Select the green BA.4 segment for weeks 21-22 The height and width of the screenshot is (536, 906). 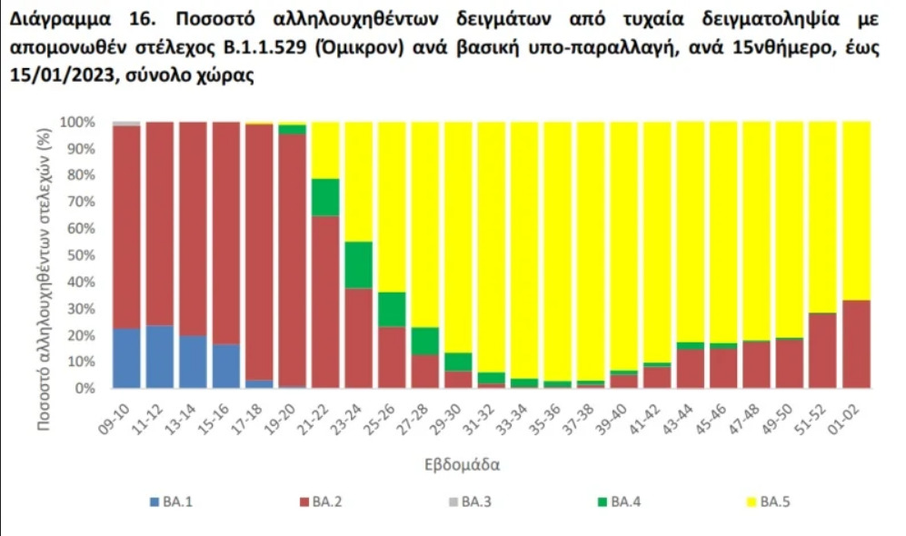(x=325, y=197)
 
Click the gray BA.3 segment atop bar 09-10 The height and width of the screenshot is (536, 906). (x=127, y=124)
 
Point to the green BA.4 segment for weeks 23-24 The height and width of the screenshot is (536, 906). (x=358, y=264)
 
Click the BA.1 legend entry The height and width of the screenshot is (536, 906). (x=172, y=501)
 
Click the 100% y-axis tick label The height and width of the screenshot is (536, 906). (x=75, y=122)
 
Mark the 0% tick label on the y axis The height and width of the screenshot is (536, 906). (x=84, y=389)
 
